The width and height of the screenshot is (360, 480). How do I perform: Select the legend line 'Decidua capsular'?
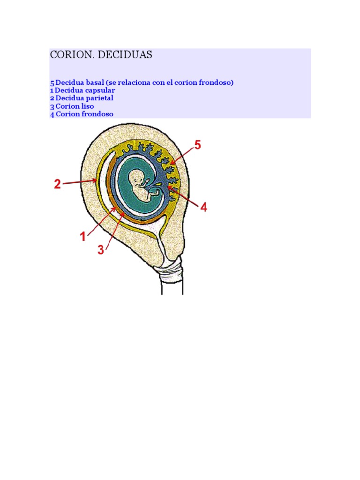tap(85, 90)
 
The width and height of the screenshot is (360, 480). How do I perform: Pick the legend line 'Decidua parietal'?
tap(84, 98)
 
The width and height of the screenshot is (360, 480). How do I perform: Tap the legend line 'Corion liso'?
tap(75, 106)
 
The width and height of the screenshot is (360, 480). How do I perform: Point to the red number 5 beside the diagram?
tap(197, 145)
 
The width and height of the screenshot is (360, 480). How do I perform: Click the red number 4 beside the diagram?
tap(203, 207)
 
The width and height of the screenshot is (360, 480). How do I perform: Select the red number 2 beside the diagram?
tap(57, 185)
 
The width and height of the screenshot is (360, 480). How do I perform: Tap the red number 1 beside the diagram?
tap(83, 237)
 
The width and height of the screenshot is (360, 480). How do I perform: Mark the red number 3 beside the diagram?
tap(101, 250)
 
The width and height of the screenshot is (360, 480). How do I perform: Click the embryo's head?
tap(136, 177)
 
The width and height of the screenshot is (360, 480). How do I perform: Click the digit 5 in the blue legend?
tap(52, 82)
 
